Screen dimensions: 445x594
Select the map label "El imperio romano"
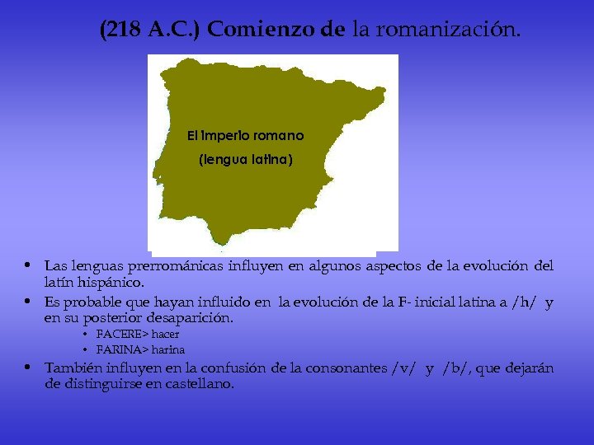(245, 135)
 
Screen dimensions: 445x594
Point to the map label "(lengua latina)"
(245, 161)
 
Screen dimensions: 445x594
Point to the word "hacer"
(165, 335)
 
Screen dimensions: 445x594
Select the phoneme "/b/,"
(460, 368)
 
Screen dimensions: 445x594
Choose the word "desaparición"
(190, 318)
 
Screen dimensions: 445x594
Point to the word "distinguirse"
(104, 384)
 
